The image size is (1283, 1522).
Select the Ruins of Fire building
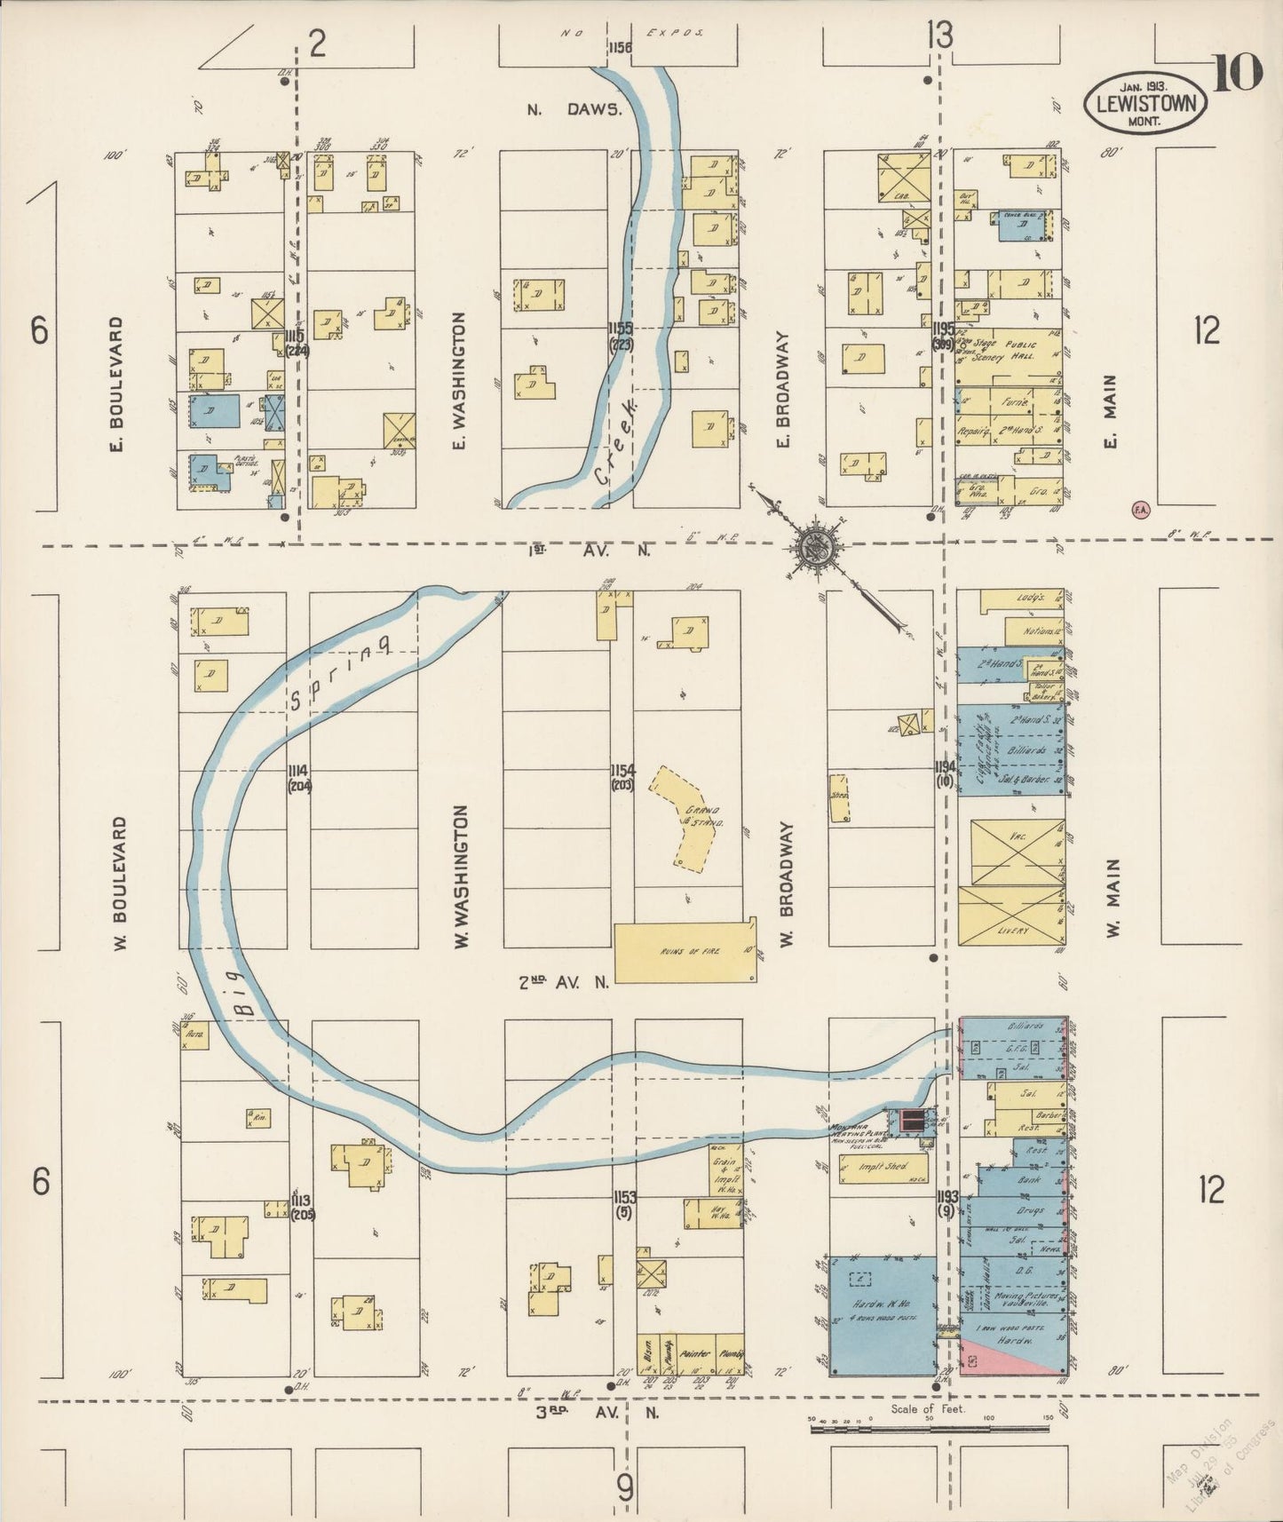click(685, 952)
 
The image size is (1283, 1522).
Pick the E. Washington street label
click(460, 379)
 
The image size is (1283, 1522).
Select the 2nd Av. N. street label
click(565, 982)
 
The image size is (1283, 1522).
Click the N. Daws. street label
click(573, 110)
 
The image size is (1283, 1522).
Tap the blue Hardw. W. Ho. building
click(882, 1328)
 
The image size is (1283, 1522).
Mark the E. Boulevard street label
click(115, 383)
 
